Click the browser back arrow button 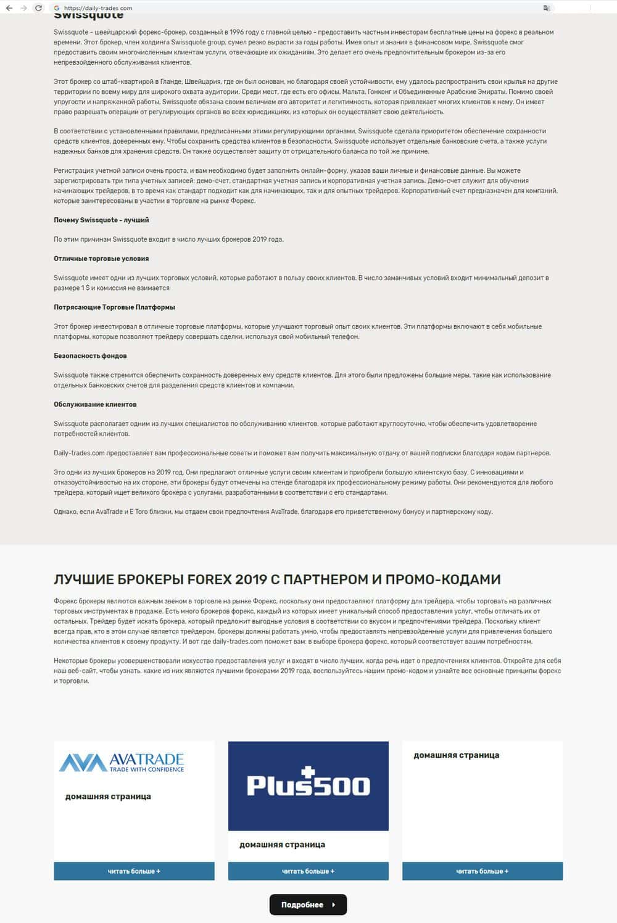pyautogui.click(x=9, y=8)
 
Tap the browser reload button pyautogui.click(x=38, y=8)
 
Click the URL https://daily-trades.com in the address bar pyautogui.click(x=98, y=8)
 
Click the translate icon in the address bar pyautogui.click(x=546, y=8)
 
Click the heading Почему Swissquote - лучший pyautogui.click(x=101, y=220)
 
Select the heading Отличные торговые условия pyautogui.click(x=101, y=259)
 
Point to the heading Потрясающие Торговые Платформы pyautogui.click(x=114, y=307)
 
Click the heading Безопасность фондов pyautogui.click(x=90, y=356)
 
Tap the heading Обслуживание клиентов pyautogui.click(x=95, y=405)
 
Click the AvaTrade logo pyautogui.click(x=122, y=763)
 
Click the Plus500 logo pyautogui.click(x=308, y=785)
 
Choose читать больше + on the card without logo pyautogui.click(x=482, y=871)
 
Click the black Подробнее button pyautogui.click(x=308, y=904)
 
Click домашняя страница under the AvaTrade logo pyautogui.click(x=108, y=797)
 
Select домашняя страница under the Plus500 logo pyautogui.click(x=282, y=845)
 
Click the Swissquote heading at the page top pyautogui.click(x=88, y=15)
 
